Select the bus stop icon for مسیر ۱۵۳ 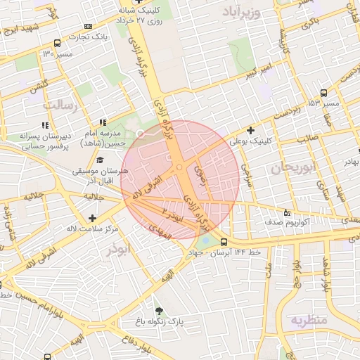323,93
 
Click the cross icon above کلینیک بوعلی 251,130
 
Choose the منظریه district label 309,320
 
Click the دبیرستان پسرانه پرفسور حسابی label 44,141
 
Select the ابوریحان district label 291,167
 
